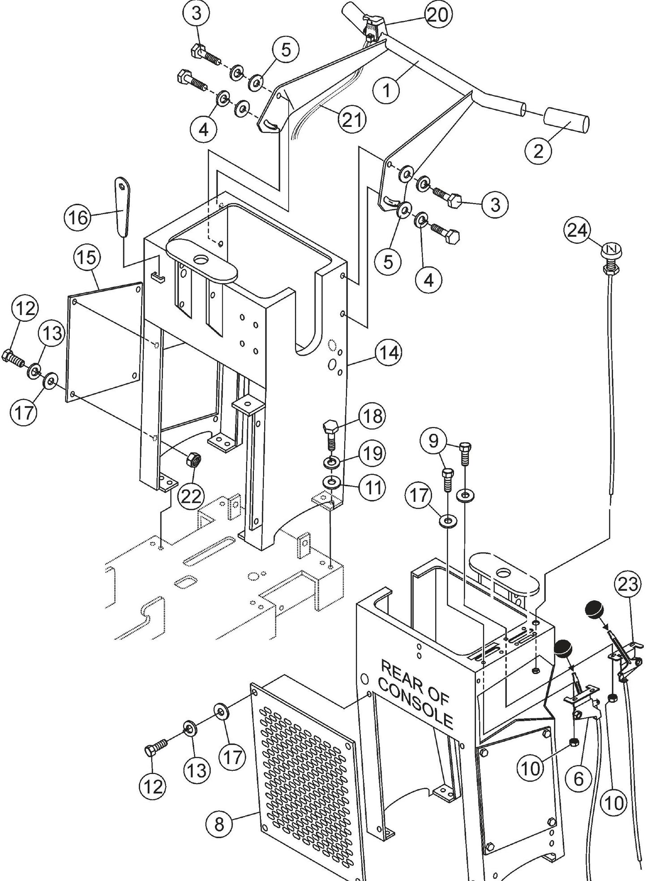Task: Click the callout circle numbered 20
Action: click(x=436, y=16)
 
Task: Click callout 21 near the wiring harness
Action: click(x=351, y=120)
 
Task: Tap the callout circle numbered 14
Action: click(x=388, y=354)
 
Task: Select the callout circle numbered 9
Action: click(x=433, y=442)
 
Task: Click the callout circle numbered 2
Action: click(x=538, y=151)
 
